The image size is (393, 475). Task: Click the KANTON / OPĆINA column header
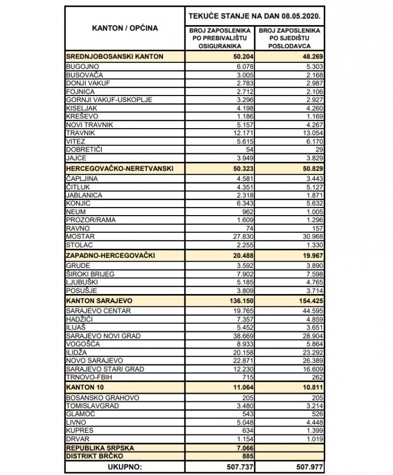(125, 28)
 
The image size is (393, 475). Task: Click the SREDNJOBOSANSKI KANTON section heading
(114, 56)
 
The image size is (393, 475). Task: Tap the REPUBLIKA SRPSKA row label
(100, 447)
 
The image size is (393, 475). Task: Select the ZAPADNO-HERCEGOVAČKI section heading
(110, 255)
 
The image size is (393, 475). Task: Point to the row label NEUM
(76, 211)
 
